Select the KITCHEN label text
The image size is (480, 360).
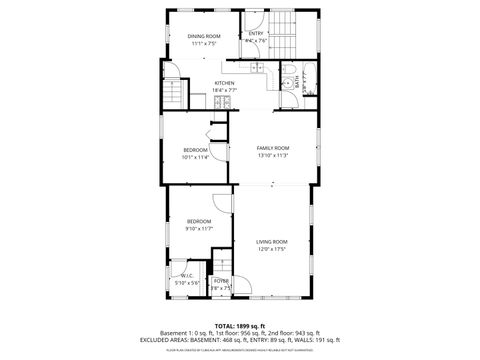coord(225,83)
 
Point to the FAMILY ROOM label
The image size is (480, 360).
coord(272,148)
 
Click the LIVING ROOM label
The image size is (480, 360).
coord(272,241)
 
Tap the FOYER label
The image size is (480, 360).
coord(221,281)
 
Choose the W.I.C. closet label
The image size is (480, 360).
coord(187,276)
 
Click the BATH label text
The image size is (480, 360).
coord(297,84)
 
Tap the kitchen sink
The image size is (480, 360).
coord(257,67)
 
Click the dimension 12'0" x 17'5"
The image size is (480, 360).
coord(272,249)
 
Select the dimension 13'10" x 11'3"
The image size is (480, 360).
coord(272,155)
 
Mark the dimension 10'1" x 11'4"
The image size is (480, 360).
coord(195,156)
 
